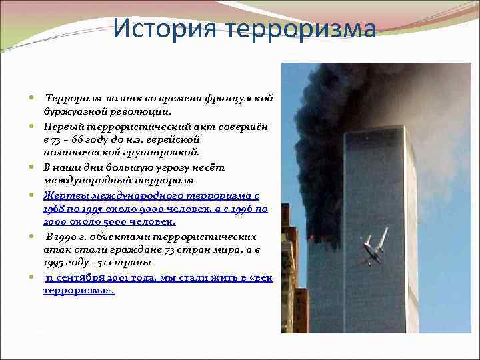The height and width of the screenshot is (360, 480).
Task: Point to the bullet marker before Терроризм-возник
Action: [32, 99]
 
